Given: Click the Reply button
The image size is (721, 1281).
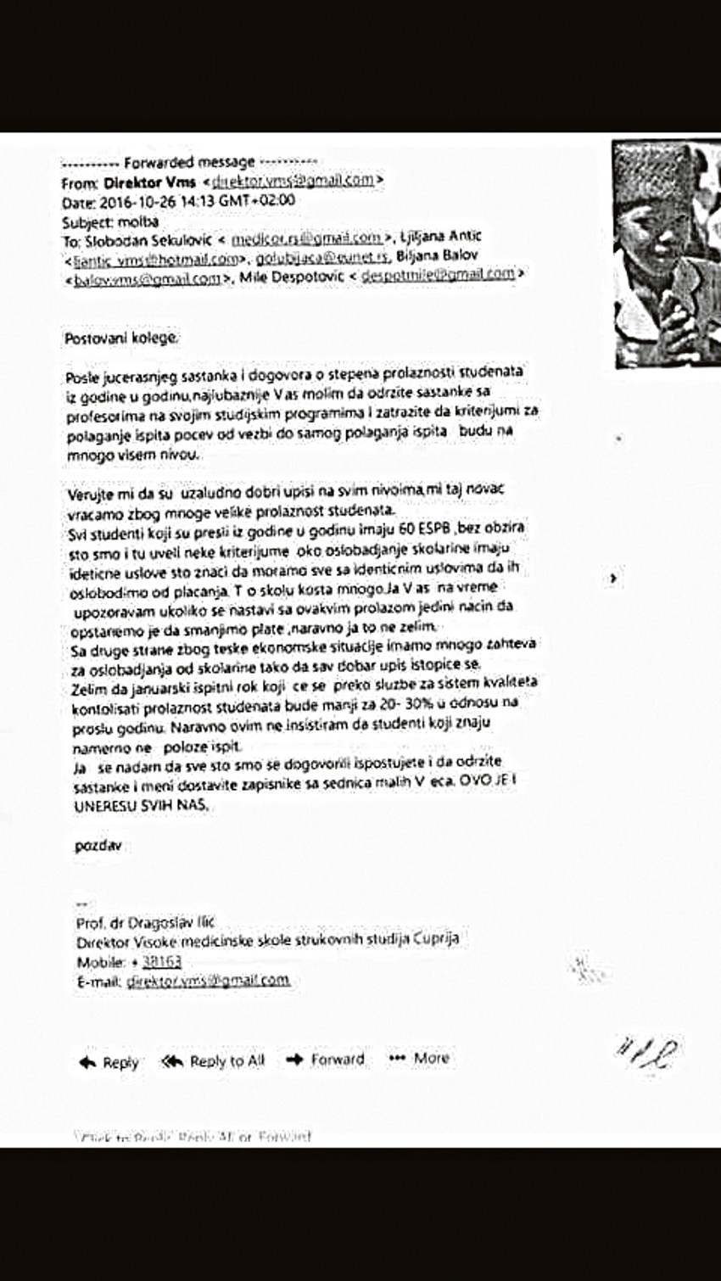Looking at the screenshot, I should (109, 1062).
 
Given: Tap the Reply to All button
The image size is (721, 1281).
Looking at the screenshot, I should (214, 1060).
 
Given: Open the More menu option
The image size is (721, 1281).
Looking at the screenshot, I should (420, 1058).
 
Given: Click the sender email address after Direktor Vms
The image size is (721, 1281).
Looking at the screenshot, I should (293, 181).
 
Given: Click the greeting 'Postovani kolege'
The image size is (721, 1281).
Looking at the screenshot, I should (121, 338).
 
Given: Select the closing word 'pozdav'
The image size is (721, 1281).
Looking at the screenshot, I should (98, 847).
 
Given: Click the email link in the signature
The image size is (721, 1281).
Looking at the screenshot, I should (207, 981).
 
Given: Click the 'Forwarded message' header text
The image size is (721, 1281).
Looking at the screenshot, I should (189, 162).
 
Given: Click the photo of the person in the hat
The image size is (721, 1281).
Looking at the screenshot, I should (667, 252).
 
